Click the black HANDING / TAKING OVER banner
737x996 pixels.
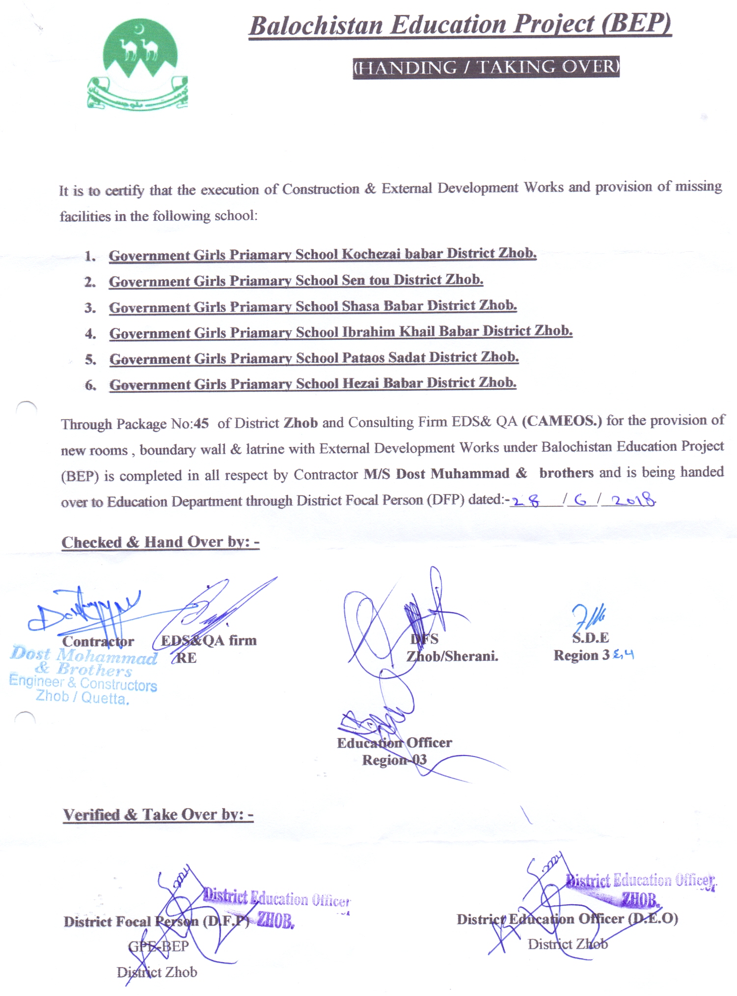(x=486, y=67)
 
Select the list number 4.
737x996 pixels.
(x=90, y=334)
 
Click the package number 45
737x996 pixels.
(x=201, y=423)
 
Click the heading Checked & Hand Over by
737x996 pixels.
(x=160, y=542)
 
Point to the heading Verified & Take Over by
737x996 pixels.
(x=158, y=815)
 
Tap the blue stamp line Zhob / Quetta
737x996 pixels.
(x=82, y=698)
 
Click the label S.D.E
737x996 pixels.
(x=590, y=638)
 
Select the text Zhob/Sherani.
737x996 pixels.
(x=452, y=656)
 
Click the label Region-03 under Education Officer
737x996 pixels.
(x=394, y=760)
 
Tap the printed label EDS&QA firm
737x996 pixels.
(x=209, y=640)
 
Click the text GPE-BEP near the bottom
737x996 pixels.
(x=158, y=946)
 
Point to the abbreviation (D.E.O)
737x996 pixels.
(x=654, y=918)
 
